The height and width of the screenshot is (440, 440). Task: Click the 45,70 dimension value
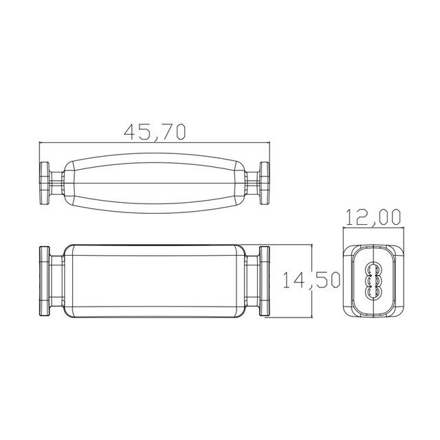coord(154,131)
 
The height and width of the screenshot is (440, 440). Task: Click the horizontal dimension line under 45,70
coord(154,143)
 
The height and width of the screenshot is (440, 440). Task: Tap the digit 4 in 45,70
coord(129,131)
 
